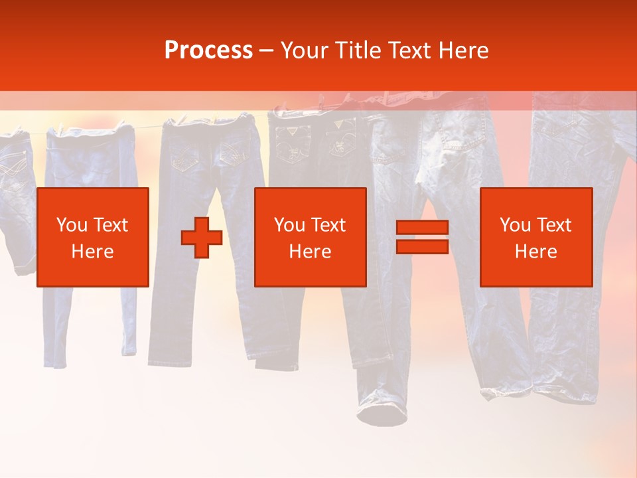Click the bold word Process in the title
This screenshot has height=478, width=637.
pos(208,50)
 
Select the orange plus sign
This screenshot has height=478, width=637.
pos(202,238)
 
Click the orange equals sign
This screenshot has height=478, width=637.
pos(422,238)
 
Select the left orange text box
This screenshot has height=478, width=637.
pos(93,237)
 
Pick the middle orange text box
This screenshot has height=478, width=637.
pos(311,237)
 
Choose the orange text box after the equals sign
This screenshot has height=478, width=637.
pos(536,237)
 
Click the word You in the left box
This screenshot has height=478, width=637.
pos(70,225)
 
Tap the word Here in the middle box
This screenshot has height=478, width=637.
pos(311,252)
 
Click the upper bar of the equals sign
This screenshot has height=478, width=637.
pos(422,228)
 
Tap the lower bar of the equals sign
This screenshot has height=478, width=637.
pos(422,247)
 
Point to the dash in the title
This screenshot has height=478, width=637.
pos(267,50)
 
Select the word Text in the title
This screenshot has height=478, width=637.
pos(409,50)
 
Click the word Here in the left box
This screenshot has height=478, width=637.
pos(93,252)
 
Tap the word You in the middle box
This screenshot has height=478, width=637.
pos(289,225)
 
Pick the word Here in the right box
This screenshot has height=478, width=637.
pos(536,252)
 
